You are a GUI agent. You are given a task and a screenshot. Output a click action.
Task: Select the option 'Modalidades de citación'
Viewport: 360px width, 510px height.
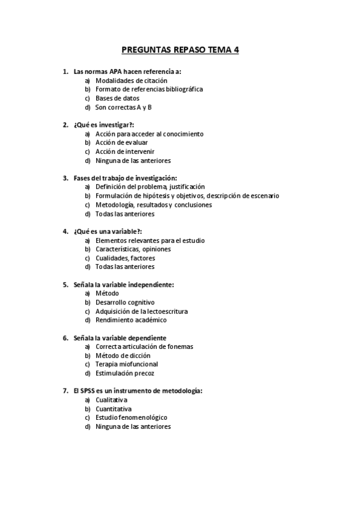(131, 80)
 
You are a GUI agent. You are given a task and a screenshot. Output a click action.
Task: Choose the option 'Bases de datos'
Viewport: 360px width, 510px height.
(117, 98)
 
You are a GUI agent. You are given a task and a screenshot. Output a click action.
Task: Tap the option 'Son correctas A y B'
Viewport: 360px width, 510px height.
(123, 107)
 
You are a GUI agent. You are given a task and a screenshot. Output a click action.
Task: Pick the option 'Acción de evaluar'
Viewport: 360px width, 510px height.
(122, 143)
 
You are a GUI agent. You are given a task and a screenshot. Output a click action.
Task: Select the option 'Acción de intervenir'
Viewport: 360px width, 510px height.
(124, 152)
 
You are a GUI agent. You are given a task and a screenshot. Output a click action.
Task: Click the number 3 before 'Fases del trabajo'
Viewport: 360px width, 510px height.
(65, 178)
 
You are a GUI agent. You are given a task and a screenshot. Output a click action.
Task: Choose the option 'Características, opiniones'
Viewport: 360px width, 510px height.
(133, 249)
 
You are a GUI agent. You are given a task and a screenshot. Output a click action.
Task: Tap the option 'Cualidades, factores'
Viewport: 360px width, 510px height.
(125, 258)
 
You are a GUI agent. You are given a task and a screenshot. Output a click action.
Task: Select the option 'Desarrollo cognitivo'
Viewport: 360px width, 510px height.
(125, 302)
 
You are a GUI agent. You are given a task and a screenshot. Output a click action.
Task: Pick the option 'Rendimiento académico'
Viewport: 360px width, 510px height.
(131, 320)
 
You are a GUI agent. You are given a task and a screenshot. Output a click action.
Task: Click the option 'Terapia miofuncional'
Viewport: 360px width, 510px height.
(127, 364)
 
